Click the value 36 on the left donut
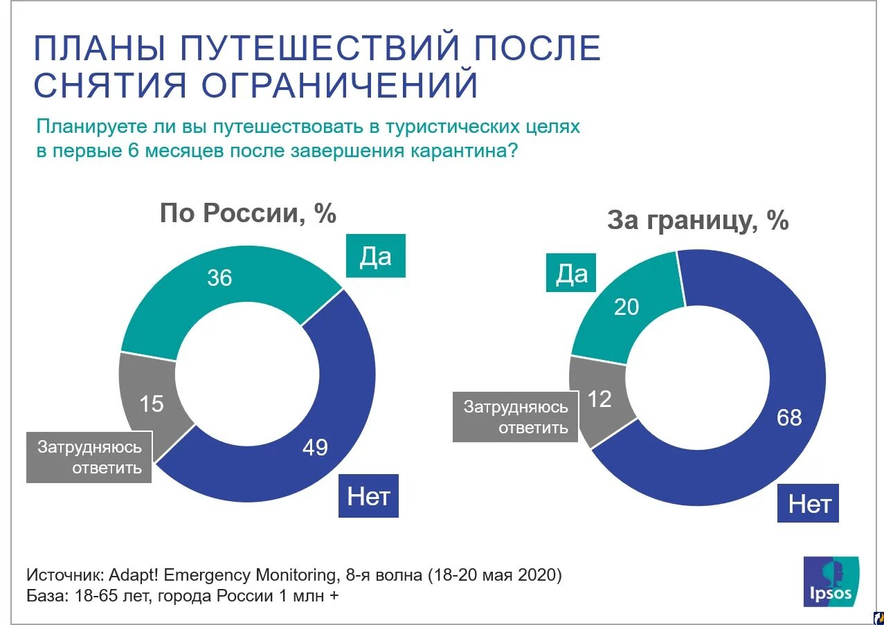click(219, 278)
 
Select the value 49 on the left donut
click(315, 448)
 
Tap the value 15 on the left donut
click(152, 404)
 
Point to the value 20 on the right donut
click(626, 307)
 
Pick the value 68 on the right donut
click(789, 417)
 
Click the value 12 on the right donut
click(599, 399)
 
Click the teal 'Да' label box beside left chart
click(375, 257)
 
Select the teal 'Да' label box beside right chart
click(572, 274)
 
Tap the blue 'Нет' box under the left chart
click(368, 496)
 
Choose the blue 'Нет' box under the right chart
click(809, 503)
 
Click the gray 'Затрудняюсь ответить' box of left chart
click(89, 458)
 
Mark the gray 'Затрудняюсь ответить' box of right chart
click(515, 417)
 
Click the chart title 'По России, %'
click(248, 213)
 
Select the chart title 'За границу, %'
click(698, 221)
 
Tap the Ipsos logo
click(831, 581)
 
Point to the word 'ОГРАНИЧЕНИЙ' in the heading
click(340, 85)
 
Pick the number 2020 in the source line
click(536, 576)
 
